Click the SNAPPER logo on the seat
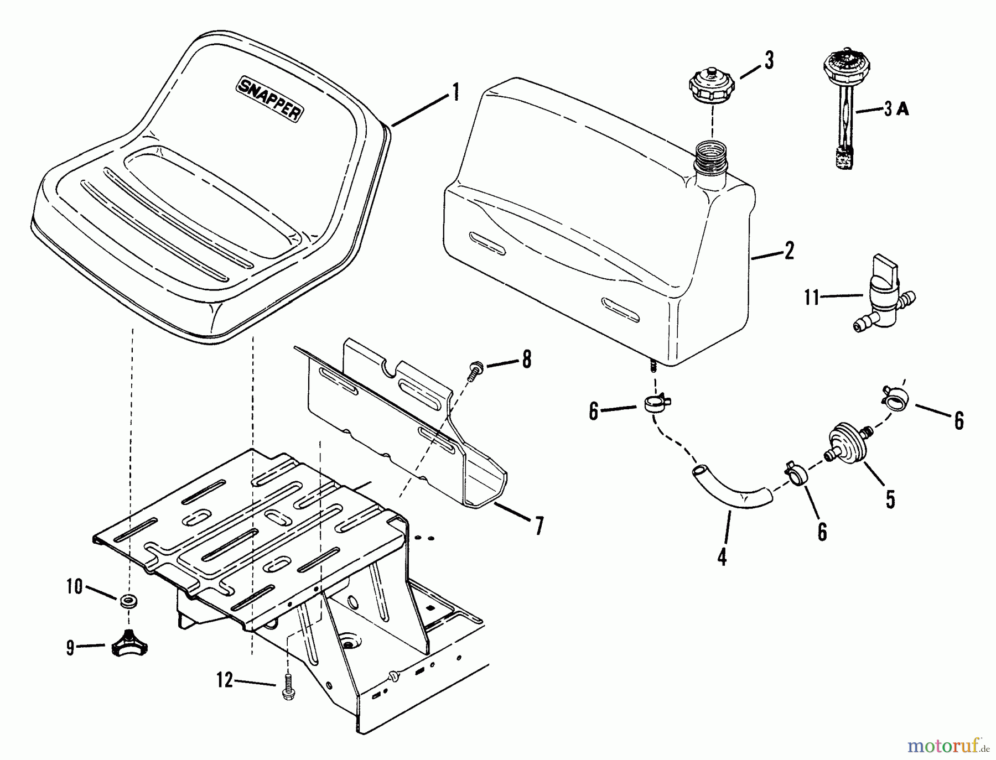tap(270, 98)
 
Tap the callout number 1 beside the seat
tap(455, 92)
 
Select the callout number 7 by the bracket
tap(538, 525)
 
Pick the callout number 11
tap(812, 297)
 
